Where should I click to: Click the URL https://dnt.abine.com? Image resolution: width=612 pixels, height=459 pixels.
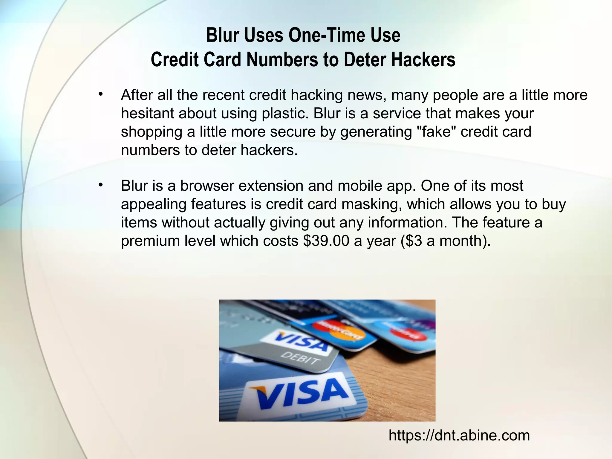point(459,435)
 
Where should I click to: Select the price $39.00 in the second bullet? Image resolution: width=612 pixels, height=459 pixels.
point(326,241)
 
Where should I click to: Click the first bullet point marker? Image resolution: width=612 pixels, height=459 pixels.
point(101,94)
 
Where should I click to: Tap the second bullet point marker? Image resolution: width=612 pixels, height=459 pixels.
point(101,185)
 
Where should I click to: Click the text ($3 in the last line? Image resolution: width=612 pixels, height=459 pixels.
point(411,241)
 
